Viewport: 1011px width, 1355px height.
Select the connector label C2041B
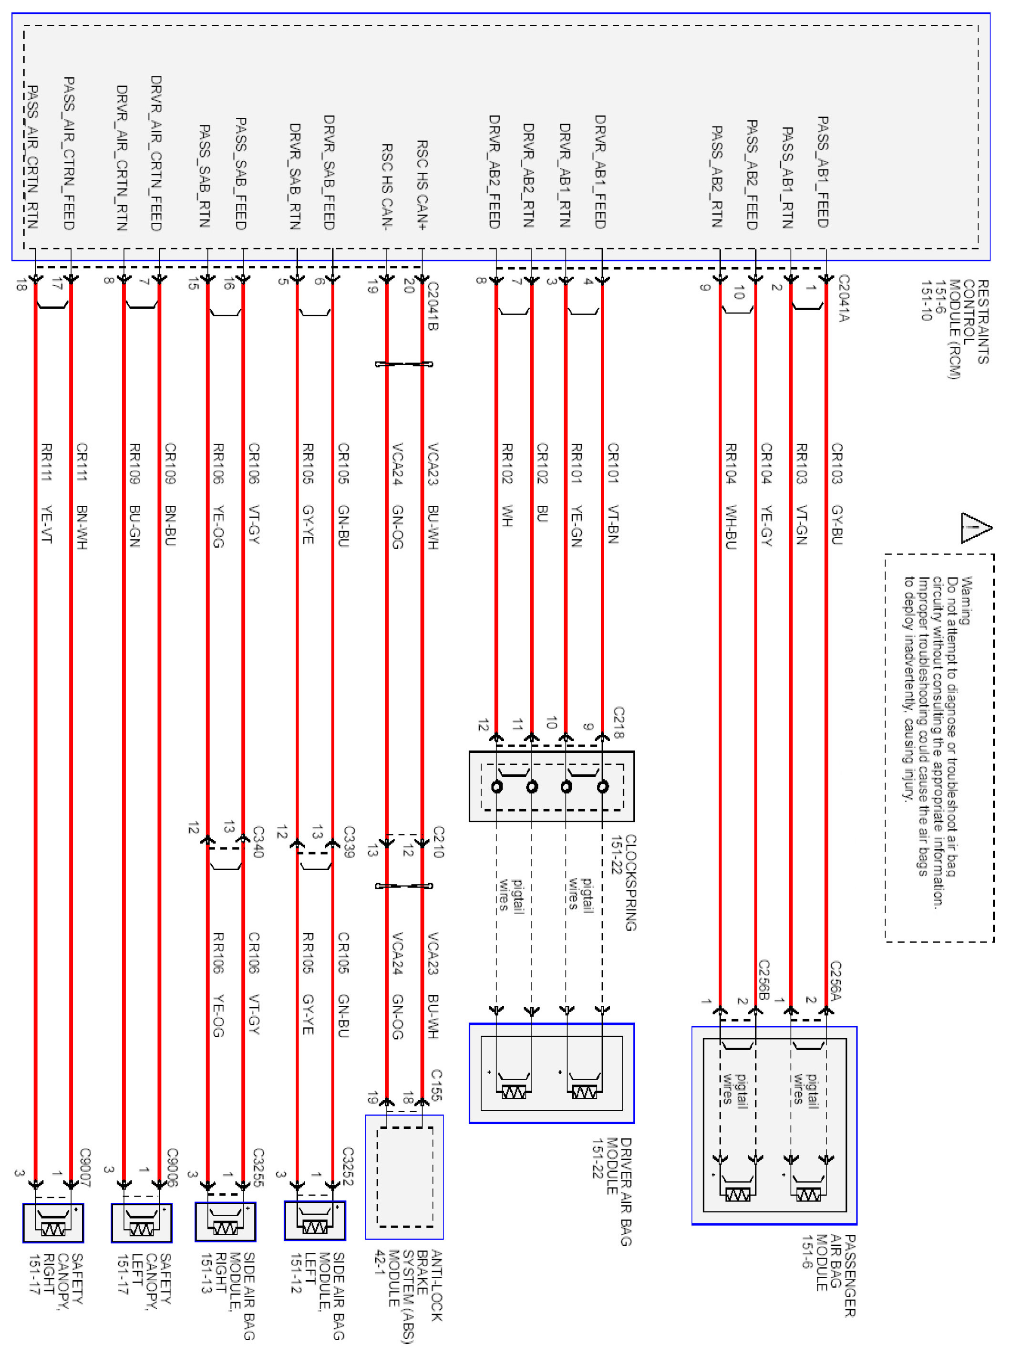(432, 306)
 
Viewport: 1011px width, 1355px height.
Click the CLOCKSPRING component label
(624, 882)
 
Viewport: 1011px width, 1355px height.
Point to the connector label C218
(618, 722)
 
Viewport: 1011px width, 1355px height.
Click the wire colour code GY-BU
(837, 524)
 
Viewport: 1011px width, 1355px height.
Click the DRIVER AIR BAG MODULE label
(612, 1191)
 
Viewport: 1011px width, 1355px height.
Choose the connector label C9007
(85, 1167)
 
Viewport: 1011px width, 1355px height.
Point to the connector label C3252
(348, 1167)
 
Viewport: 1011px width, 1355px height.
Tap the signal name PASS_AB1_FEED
(823, 171)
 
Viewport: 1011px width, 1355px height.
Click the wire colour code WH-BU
(730, 527)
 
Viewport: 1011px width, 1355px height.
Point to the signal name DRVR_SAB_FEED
(329, 172)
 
